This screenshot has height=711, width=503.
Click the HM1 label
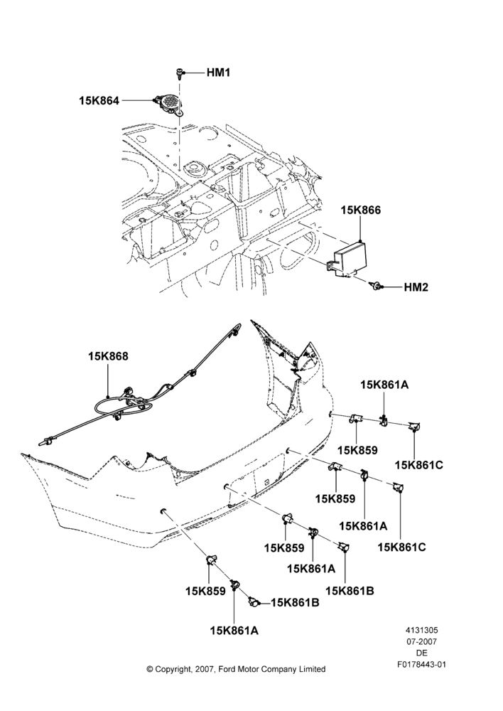[218, 73]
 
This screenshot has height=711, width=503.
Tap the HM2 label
[416, 287]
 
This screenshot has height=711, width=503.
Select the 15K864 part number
[99, 101]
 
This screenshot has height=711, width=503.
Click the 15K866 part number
[361, 210]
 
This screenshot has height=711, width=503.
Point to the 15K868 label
[108, 356]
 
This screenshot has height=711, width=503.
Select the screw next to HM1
[180, 73]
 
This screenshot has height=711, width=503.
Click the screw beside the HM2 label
[376, 286]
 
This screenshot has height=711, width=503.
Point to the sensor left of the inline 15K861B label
[254, 602]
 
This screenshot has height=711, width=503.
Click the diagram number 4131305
[421, 630]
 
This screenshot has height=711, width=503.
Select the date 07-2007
[421, 642]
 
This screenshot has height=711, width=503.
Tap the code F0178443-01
[421, 665]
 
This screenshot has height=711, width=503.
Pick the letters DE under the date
[421, 653]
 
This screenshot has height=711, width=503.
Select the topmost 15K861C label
[418, 465]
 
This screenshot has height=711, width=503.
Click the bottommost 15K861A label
[234, 630]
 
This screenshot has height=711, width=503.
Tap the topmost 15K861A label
[384, 385]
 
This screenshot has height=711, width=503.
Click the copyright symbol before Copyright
[150, 669]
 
